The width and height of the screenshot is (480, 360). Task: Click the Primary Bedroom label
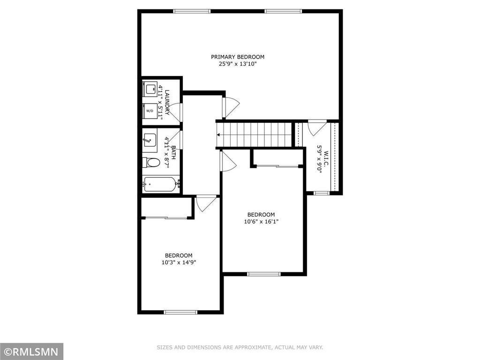point(237,57)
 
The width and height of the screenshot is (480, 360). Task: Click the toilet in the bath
point(151,163)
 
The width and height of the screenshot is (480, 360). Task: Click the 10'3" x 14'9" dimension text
point(178,262)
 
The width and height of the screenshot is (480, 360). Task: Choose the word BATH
point(173,153)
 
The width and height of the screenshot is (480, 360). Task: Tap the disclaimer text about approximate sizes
point(240,347)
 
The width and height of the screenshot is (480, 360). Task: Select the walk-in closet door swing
point(317,127)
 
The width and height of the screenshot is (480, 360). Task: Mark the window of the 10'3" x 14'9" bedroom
point(180,312)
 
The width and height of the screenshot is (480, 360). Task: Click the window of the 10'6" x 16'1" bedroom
point(263,274)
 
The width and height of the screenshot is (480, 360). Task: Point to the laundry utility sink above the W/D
point(150,89)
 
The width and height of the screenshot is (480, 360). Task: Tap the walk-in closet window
point(321,193)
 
